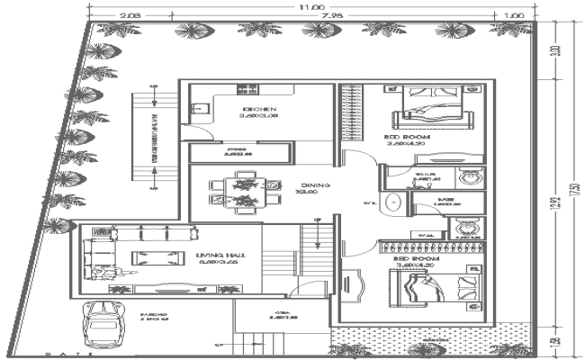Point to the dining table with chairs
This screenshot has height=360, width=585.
pyautogui.click(x=244, y=191)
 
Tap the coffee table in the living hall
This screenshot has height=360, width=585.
pyautogui.click(x=149, y=258)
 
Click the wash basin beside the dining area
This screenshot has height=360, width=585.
pyautogui.click(x=391, y=203)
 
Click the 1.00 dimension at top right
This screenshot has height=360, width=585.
pyautogui.click(x=514, y=15)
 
